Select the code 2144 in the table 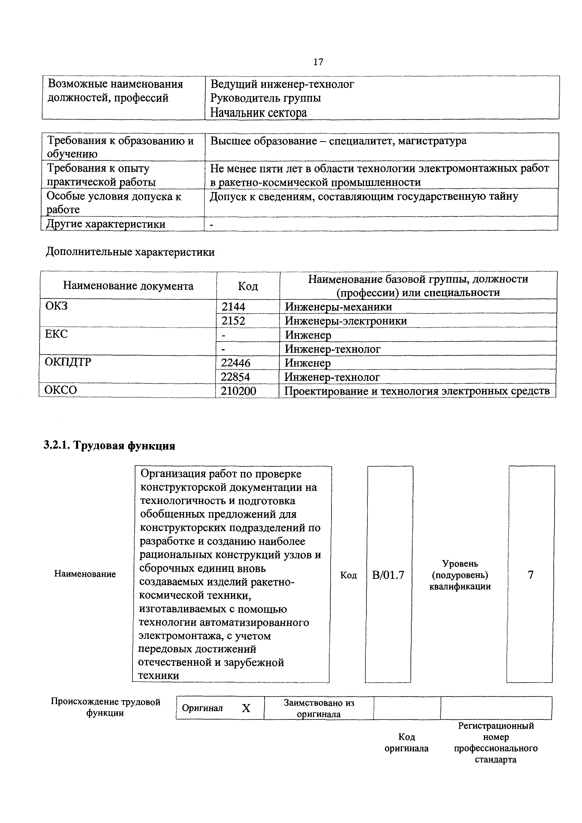pos(234,307)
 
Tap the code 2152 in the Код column pos(234,321)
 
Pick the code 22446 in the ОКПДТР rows pos(236,363)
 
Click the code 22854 pos(236,377)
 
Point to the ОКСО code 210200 pos(238,391)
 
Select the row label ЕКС pos(56,334)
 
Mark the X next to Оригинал pos(246,708)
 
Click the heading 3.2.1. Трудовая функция pos(109,446)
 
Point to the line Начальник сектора pos(258,113)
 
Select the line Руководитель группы pos(265,98)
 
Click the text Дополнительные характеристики pos(130,252)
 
